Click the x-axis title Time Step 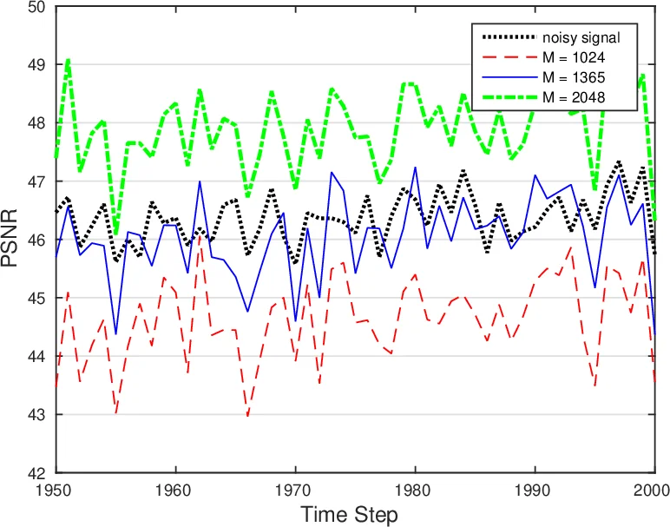click(350, 514)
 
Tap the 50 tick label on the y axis click(37, 8)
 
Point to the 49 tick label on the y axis click(37, 65)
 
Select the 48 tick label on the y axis click(37, 123)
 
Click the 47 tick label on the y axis click(37, 181)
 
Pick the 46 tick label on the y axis click(37, 240)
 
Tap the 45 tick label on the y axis click(37, 299)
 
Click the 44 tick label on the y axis click(37, 357)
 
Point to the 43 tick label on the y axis click(37, 415)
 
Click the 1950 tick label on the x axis click(56, 490)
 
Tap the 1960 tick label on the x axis click(175, 490)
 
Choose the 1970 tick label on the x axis click(295, 490)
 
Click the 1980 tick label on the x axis click(415, 490)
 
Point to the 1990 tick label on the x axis click(535, 490)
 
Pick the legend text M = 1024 click(574, 57)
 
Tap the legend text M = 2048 click(574, 97)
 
